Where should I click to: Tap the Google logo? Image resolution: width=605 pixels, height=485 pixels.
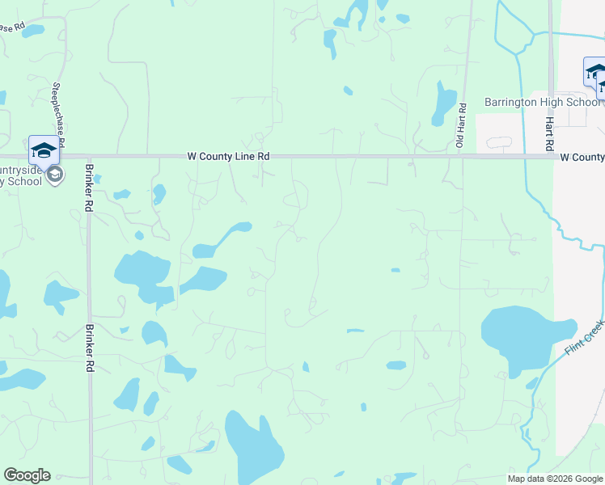pos(27,475)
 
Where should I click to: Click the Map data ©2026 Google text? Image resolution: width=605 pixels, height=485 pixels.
pos(555,479)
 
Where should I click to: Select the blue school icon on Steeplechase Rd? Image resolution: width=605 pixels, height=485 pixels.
pos(44,150)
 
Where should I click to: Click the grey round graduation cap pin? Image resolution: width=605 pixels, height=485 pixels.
pos(55,175)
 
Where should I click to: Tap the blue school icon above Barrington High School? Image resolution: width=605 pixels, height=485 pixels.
pos(595,72)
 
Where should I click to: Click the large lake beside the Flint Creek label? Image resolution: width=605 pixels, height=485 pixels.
pos(521,335)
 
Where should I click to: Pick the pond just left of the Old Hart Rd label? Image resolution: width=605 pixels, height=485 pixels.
pos(444,103)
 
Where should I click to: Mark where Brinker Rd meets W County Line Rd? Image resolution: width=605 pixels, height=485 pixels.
pos(89,157)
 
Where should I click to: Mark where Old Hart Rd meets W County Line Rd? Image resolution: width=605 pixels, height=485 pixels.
pos(462,157)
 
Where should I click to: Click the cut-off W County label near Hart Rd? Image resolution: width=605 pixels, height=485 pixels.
pos(582,157)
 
